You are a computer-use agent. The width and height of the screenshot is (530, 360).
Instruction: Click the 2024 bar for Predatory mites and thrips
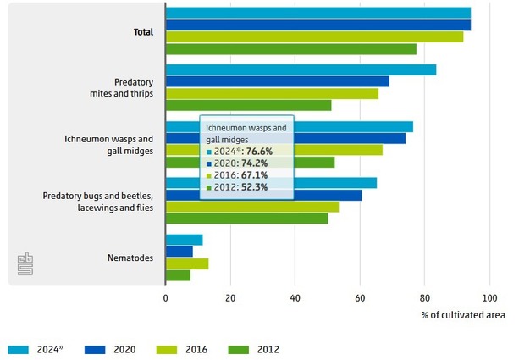tap(301, 69)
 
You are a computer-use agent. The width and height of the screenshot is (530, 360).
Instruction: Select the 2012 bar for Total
tap(290, 49)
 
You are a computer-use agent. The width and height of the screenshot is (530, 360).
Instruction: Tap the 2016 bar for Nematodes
tap(187, 263)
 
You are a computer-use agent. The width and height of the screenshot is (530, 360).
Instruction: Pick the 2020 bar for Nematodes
tap(179, 252)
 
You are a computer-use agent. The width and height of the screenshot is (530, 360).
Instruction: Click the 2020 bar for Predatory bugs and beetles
tap(263, 195)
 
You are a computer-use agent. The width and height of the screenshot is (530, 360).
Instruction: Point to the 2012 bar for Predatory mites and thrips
tap(248, 105)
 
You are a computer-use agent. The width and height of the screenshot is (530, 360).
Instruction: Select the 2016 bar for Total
tap(314, 37)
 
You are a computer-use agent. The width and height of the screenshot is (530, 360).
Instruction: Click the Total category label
tap(143, 32)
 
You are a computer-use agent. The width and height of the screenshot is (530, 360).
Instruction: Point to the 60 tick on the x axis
tap(360, 298)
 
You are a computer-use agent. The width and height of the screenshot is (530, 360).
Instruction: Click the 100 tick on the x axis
tap(489, 298)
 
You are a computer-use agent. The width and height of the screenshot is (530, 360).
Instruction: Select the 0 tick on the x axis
tap(166, 298)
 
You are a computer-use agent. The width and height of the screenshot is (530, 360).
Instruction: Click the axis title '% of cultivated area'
tap(463, 315)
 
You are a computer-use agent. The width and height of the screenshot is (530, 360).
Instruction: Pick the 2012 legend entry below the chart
tap(259, 349)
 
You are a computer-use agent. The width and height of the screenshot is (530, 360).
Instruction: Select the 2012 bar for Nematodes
tap(178, 275)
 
